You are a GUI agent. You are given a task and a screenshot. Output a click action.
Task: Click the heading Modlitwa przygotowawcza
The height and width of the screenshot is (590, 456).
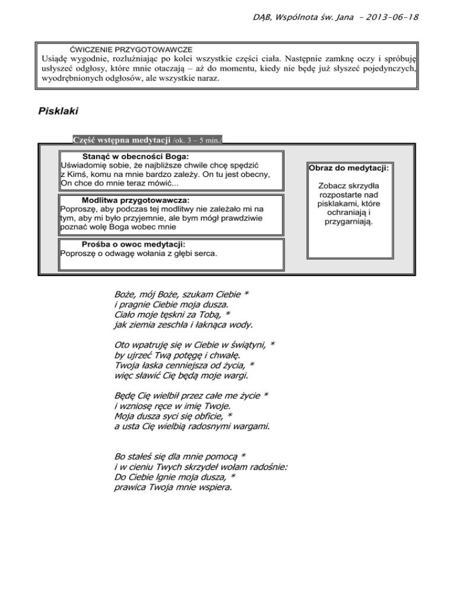pyautogui.click(x=136, y=199)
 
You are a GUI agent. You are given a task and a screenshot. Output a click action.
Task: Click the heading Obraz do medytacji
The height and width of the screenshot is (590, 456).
pyautogui.click(x=349, y=169)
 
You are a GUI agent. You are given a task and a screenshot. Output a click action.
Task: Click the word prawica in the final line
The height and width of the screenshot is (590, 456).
pyautogui.click(x=129, y=487)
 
